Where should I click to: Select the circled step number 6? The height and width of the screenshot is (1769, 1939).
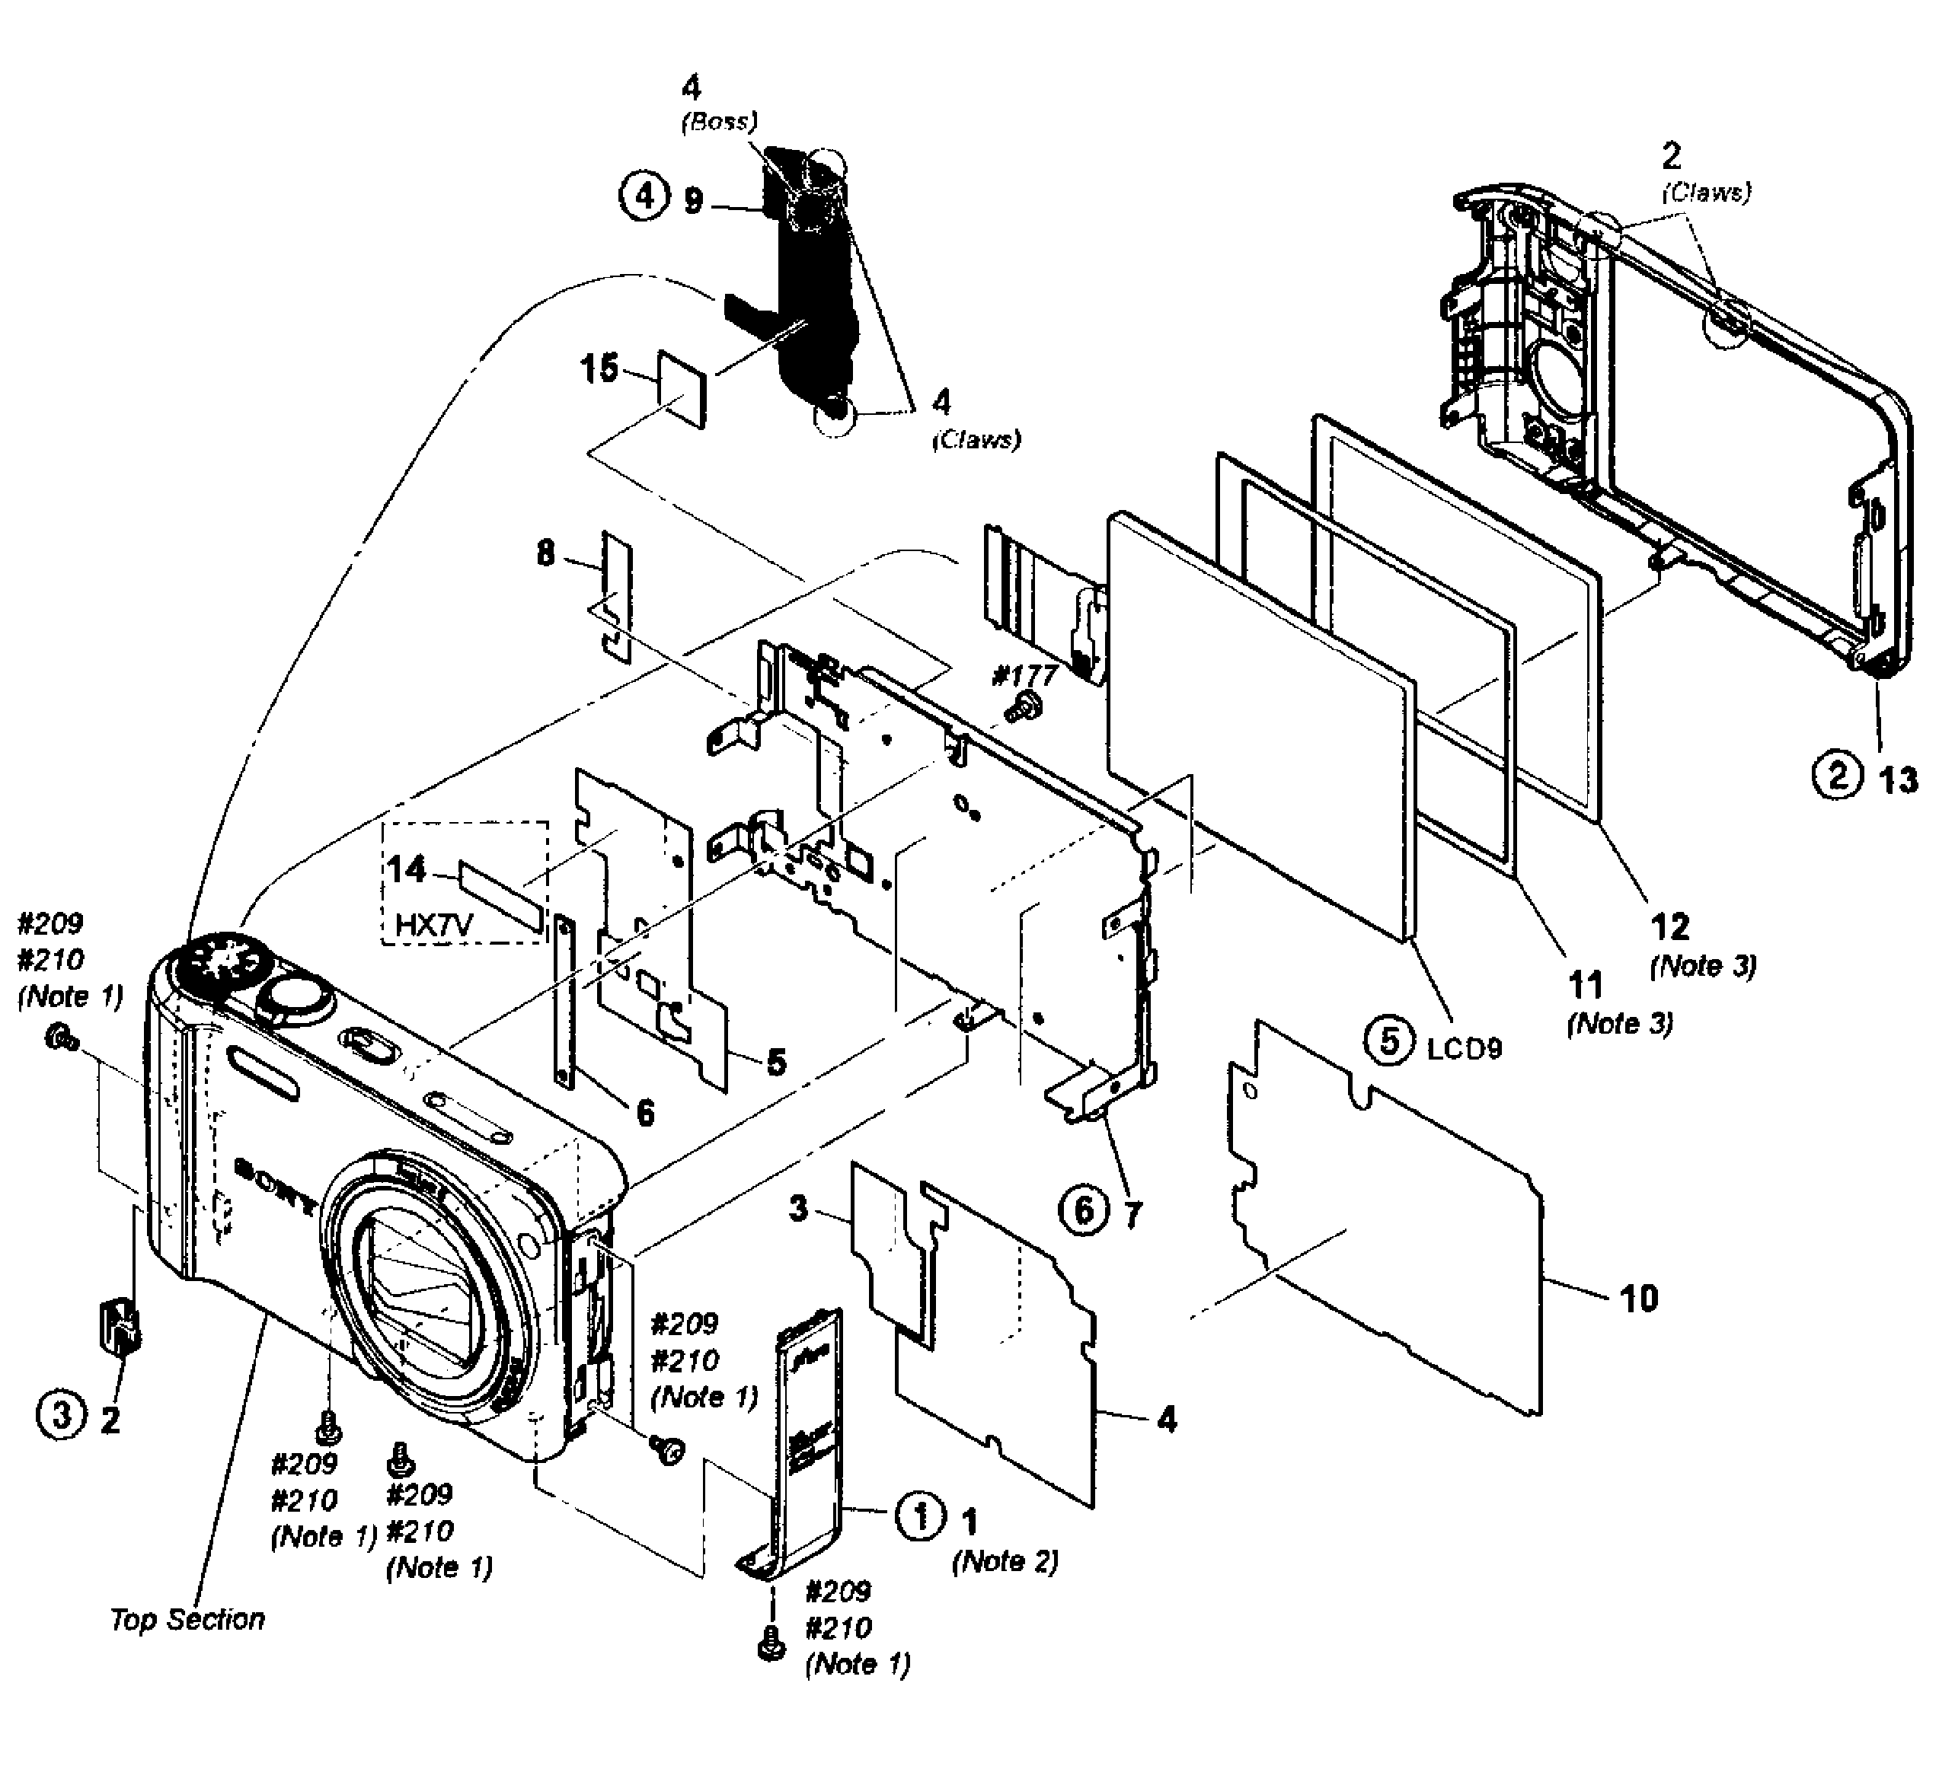click(1083, 1210)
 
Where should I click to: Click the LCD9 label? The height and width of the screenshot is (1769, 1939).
click(1464, 1048)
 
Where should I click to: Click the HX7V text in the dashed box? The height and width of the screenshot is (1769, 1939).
click(434, 926)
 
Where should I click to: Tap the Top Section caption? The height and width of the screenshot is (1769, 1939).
click(187, 1620)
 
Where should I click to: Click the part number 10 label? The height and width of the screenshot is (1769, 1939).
click(1639, 1298)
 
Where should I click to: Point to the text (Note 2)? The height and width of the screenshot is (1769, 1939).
click(1005, 1561)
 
